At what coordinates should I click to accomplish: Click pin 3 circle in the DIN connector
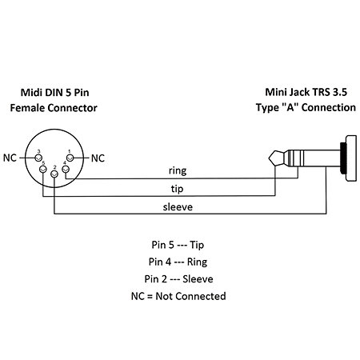[39, 158]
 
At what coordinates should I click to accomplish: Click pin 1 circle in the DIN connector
[70, 158]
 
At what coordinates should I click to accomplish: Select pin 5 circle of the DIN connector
[43, 169]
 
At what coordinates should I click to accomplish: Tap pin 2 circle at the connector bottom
[54, 174]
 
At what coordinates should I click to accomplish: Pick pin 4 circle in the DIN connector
[66, 169]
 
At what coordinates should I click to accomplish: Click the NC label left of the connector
[10, 158]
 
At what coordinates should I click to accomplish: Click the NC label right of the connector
[98, 158]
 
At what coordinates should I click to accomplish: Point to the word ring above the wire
[178, 170]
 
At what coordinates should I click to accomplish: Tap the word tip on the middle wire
[177, 189]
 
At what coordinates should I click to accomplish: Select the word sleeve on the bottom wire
[178, 207]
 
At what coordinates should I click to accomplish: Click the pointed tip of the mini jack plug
[270, 158]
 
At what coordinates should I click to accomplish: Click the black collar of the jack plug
[343, 158]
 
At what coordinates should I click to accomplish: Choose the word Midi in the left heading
[32, 93]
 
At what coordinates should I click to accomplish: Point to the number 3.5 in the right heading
[340, 92]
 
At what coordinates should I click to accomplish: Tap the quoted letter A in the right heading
[290, 107]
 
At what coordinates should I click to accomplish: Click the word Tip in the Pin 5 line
[197, 245]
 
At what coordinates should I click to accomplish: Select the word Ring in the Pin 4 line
[197, 262]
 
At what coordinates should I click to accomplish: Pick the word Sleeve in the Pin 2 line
[198, 279]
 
